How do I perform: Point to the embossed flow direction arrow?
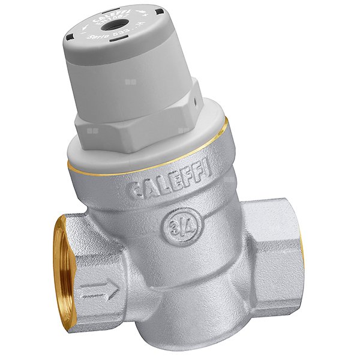[x=99, y=292]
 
